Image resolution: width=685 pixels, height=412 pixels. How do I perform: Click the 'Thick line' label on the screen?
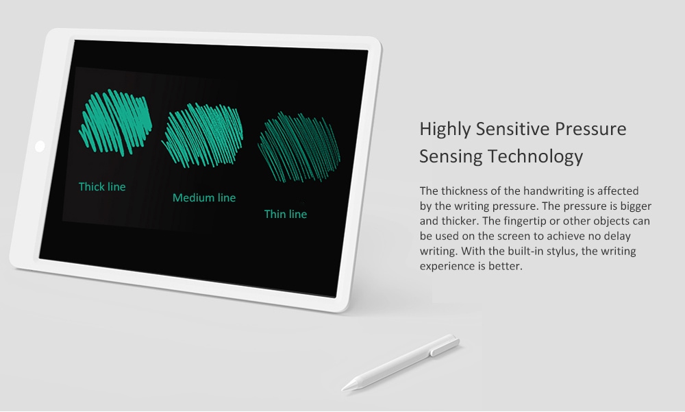pyautogui.click(x=102, y=186)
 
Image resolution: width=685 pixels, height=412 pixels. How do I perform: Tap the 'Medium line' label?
pyautogui.click(x=204, y=197)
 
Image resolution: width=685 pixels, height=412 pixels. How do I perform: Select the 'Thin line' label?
pyautogui.click(x=286, y=214)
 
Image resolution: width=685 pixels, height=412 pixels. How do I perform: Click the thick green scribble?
pyautogui.click(x=115, y=123)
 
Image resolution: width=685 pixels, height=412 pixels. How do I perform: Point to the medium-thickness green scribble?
pyautogui.click(x=202, y=135)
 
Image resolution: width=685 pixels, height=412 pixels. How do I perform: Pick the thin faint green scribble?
pyautogui.click(x=299, y=147)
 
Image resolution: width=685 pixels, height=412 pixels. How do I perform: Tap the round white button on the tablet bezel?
pyautogui.click(x=40, y=146)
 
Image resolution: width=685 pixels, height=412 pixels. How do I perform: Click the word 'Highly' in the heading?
pyautogui.click(x=445, y=130)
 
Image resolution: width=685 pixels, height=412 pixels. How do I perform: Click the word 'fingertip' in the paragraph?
pyautogui.click(x=523, y=221)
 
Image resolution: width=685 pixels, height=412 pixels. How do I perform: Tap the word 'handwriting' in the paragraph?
pyautogui.click(x=553, y=191)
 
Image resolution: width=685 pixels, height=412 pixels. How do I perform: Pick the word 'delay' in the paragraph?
pyautogui.click(x=617, y=237)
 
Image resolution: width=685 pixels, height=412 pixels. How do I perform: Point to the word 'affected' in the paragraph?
pyautogui.click(x=618, y=191)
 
